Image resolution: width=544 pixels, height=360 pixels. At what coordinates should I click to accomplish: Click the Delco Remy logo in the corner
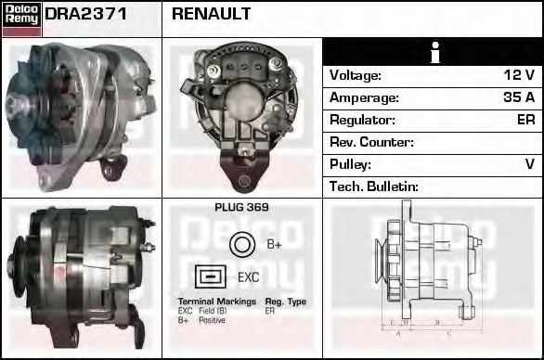[x=21, y=18]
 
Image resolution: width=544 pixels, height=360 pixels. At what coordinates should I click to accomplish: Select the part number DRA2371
[x=86, y=15]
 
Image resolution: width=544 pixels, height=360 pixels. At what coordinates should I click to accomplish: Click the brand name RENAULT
[x=212, y=15]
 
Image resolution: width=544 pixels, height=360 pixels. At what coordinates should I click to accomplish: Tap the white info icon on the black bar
[x=434, y=53]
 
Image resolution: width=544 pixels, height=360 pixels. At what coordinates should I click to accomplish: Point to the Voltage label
[x=356, y=75]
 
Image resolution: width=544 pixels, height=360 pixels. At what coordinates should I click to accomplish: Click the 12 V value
[x=519, y=75]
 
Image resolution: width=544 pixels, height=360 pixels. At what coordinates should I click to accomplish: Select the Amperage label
[x=364, y=97]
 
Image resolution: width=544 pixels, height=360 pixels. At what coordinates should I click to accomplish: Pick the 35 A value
[x=517, y=97]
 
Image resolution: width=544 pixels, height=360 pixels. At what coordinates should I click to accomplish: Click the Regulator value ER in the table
[x=525, y=120]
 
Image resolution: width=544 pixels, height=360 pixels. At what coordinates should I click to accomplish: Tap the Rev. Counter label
[x=371, y=142]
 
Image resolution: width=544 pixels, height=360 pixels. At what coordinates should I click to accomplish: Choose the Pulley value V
[x=529, y=164]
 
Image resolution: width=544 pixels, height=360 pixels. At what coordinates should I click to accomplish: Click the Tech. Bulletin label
[x=374, y=186]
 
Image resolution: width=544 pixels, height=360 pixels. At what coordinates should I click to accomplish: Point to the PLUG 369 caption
[x=241, y=208]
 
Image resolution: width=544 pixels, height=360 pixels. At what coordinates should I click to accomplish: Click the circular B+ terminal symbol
[x=241, y=244]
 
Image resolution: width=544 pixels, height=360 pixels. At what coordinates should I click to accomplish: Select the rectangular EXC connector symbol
[x=211, y=276]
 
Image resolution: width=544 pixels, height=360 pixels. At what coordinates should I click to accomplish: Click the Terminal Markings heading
[x=215, y=302]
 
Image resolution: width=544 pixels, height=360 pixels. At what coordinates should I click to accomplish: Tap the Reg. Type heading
[x=285, y=302]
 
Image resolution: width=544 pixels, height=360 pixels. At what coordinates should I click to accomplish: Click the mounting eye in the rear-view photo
[x=244, y=180]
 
